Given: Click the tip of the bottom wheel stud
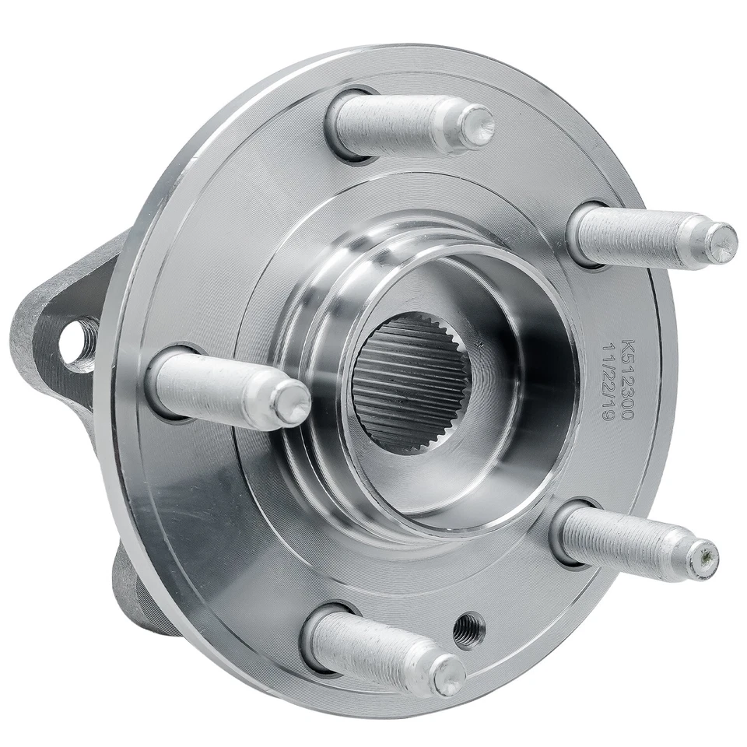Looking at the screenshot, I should tap(449, 674).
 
